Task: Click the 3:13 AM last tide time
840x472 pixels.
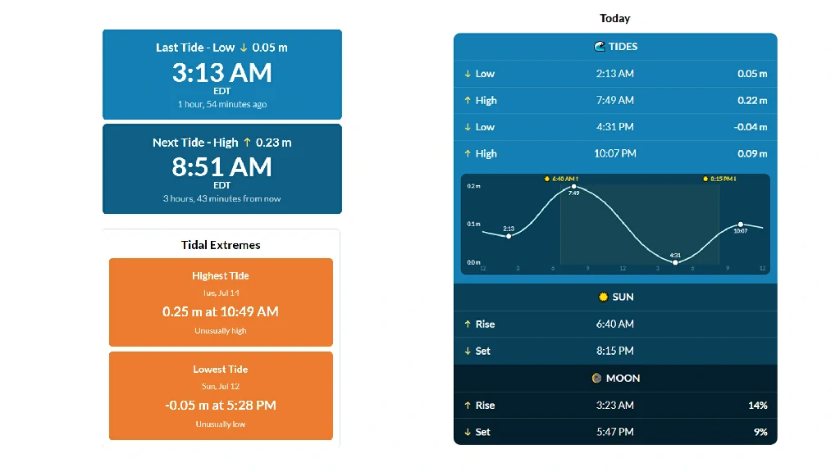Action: coord(221,73)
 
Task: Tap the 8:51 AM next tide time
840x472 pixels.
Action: coord(221,167)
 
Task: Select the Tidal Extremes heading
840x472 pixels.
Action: coord(221,245)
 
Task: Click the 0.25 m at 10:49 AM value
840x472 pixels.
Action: coord(221,311)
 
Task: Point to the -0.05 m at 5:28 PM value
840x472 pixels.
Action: coord(221,405)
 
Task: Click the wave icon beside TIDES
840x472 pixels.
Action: coord(600,47)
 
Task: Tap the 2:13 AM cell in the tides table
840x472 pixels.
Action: coord(615,73)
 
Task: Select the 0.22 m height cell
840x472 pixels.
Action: coord(752,100)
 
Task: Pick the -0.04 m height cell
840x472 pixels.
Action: coord(751,127)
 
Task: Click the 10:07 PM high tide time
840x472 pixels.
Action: coord(615,153)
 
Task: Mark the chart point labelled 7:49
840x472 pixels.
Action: coord(573,187)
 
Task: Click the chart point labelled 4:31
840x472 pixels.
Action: coord(676,262)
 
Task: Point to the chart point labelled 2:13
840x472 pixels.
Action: coord(509,236)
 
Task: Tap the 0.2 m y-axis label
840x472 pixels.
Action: coord(473,186)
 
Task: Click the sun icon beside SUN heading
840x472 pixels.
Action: coord(603,297)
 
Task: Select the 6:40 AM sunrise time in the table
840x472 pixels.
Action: coord(615,324)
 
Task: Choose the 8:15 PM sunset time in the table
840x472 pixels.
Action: coord(615,351)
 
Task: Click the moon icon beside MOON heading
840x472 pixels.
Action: coord(597,379)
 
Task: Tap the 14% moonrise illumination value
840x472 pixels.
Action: coord(758,405)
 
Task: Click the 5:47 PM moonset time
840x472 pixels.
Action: coord(615,432)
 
